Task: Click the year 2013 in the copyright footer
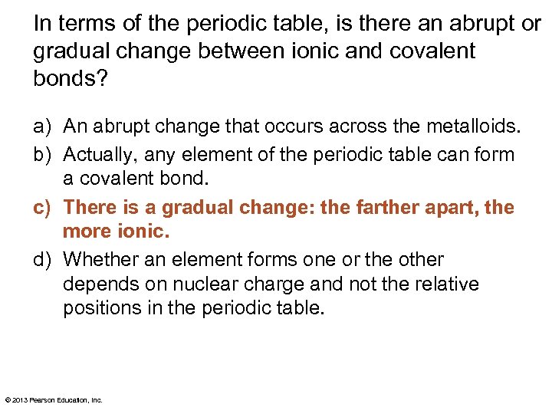coord(19,400)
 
